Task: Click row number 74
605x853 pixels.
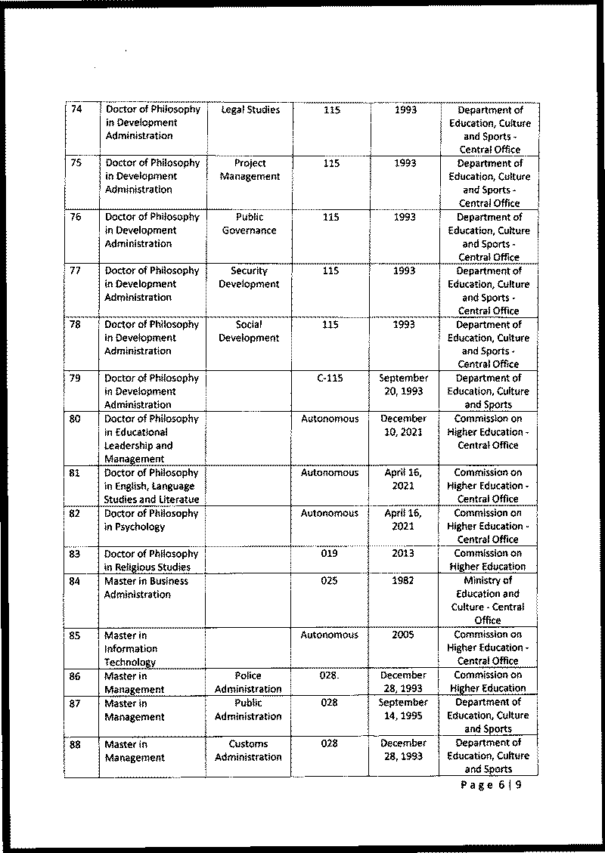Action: pyautogui.click(x=76, y=110)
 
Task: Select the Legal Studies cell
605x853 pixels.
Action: pyautogui.click(x=250, y=110)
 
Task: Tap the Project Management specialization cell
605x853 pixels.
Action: pyautogui.click(x=250, y=170)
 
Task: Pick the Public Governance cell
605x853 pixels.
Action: pyautogui.click(x=250, y=224)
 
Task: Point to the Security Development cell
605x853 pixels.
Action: pyautogui.click(x=249, y=277)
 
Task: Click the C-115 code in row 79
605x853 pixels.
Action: pyautogui.click(x=330, y=378)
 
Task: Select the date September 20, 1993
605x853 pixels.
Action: pyautogui.click(x=405, y=385)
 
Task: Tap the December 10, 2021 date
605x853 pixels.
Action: pyautogui.click(x=404, y=425)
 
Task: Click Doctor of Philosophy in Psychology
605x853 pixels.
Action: pyautogui.click(x=150, y=520)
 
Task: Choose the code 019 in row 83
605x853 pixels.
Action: pyautogui.click(x=330, y=554)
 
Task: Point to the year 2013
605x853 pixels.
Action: pyautogui.click(x=404, y=554)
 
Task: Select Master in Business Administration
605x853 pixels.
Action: pyautogui.click(x=146, y=588)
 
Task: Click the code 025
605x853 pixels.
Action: pyautogui.click(x=330, y=581)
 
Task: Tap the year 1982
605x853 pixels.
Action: pyautogui.click(x=404, y=581)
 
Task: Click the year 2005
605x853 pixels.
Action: pyautogui.click(x=404, y=635)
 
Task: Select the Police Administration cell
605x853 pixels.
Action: pyautogui.click(x=248, y=682)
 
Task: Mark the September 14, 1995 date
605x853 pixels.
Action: pyautogui.click(x=404, y=709)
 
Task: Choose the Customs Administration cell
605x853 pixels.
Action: pyautogui.click(x=248, y=750)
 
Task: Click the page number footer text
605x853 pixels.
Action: pyautogui.click(x=491, y=785)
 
